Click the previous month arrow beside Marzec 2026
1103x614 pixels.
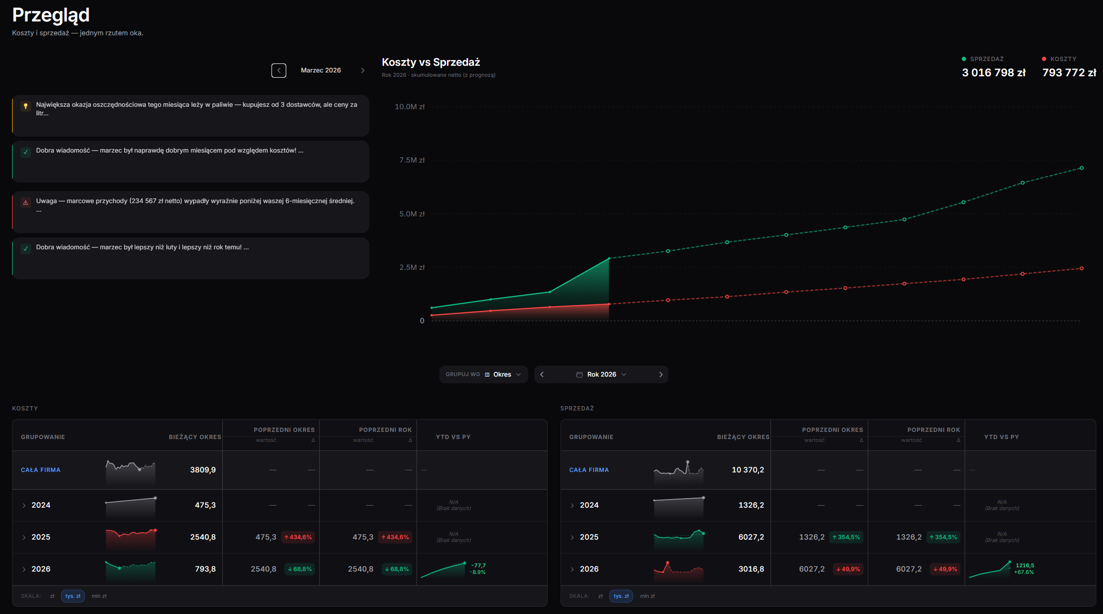pos(279,71)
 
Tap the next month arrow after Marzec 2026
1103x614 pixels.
pos(363,71)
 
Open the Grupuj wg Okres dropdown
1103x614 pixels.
pos(483,375)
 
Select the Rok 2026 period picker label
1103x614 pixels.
pos(602,375)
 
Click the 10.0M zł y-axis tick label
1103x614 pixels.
pos(409,107)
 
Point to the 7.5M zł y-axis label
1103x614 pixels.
pos(412,160)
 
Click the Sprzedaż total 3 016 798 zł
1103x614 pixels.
pos(994,72)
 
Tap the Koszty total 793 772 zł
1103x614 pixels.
pos(1069,72)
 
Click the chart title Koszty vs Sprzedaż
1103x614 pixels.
pos(431,62)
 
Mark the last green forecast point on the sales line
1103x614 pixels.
pos(1082,168)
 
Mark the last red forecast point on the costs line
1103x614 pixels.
pos(1082,268)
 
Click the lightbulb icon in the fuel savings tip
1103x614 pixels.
pos(26,106)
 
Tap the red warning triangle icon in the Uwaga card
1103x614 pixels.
pos(26,203)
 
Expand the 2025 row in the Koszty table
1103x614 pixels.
pos(24,537)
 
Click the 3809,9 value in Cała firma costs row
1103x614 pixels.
pos(203,470)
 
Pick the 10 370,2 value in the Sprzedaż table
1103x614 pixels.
pos(748,470)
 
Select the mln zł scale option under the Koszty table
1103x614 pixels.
pos(99,596)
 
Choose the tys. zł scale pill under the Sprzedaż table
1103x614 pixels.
pos(621,596)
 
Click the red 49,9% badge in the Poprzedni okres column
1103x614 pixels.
pos(848,569)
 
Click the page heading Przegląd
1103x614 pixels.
pos(51,15)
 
